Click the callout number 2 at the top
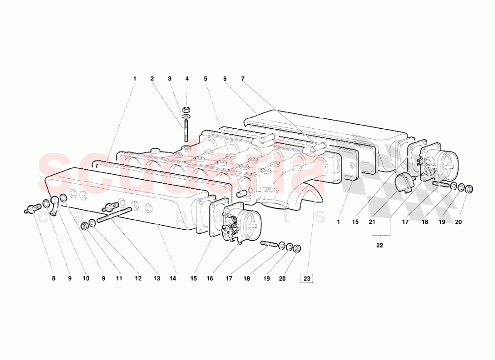pos(152,78)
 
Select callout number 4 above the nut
pos(187,78)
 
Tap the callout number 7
pos(243,78)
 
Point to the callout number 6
pos(224,78)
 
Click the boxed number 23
pos(307,279)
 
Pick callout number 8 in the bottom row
pos(53,279)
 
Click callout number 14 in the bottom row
pos(172,279)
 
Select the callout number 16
pos(209,279)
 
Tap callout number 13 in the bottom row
pos(156,279)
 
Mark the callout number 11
pos(119,279)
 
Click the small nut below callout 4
pos(187,109)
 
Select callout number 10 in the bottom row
pos(86,279)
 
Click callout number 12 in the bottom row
pos(138,279)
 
